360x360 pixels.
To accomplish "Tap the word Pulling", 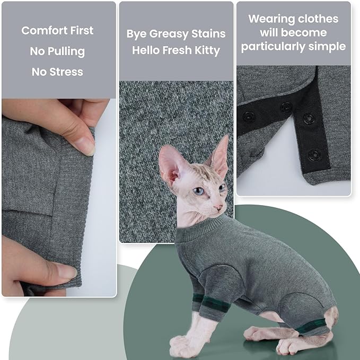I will click(x=65, y=51).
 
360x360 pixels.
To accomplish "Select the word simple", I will click(x=328, y=47).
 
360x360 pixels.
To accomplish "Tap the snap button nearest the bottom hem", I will click(x=314, y=154).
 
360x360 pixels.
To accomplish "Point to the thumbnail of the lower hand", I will click(x=65, y=273).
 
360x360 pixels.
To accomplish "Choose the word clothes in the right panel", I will click(x=318, y=19).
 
